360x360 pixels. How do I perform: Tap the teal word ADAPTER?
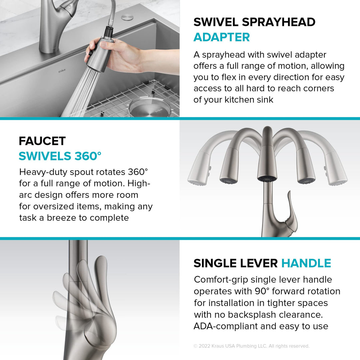pyautogui.click(x=221, y=37)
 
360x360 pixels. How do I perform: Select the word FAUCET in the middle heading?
pyautogui.click(x=42, y=141)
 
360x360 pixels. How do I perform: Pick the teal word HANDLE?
pyautogui.click(x=306, y=263)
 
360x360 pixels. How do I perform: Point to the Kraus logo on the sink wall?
pyautogui.click(x=62, y=71)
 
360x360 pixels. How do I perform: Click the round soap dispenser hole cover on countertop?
pyautogui.click(x=128, y=17)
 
